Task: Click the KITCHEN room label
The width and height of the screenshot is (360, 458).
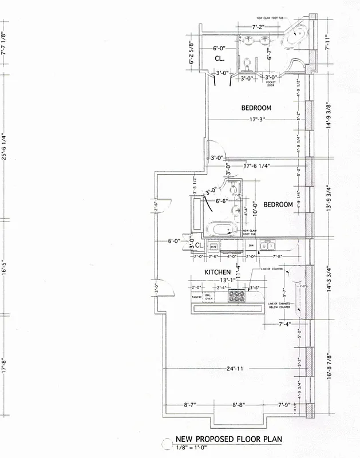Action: coord(218,272)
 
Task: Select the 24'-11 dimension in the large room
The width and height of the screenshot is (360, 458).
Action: coord(235,369)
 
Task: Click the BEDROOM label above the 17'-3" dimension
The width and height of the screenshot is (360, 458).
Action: coord(256,108)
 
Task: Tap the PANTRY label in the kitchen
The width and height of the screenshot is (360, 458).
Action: coord(197,297)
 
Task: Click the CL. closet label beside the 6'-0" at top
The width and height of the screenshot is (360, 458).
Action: coord(219,58)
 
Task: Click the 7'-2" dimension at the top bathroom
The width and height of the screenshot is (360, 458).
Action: coord(261,27)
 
